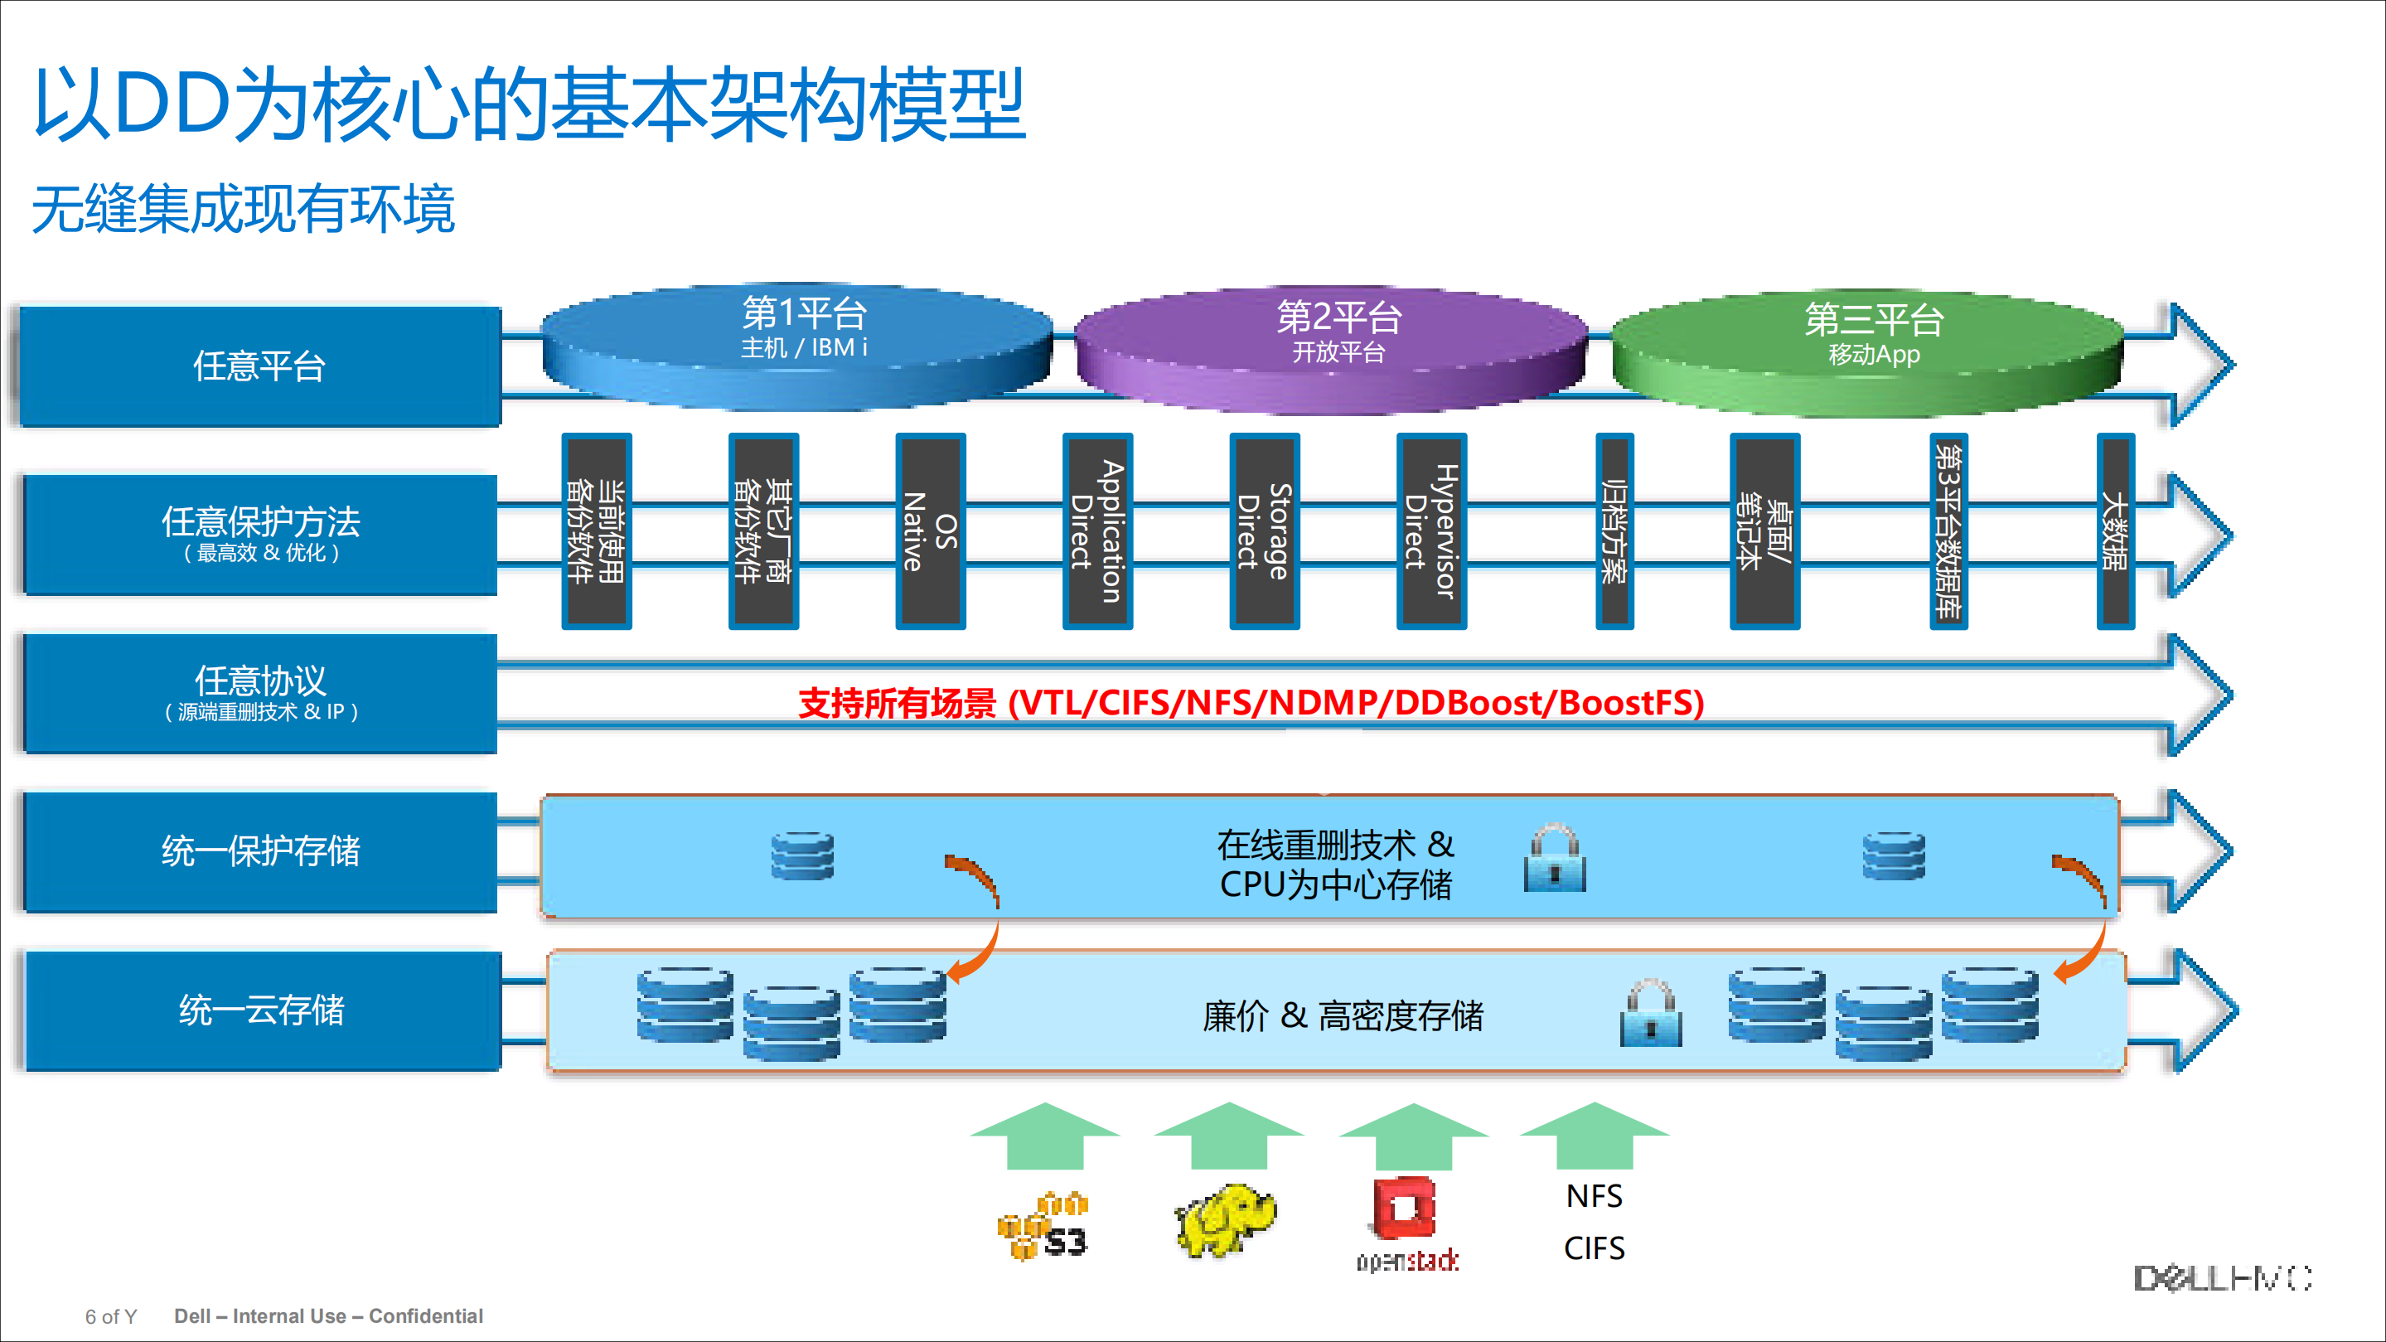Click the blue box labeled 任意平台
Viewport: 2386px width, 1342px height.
coord(259,366)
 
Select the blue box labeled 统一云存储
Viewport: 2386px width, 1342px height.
coord(261,1010)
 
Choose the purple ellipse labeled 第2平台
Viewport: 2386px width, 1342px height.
coord(1332,347)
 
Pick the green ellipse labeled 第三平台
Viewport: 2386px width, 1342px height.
coord(1867,352)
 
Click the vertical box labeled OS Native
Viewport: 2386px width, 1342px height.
coord(930,531)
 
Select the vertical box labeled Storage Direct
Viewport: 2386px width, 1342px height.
coord(1265,531)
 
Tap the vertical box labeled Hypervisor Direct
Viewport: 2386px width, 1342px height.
coord(1431,531)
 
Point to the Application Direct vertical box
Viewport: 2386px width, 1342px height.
coord(1097,531)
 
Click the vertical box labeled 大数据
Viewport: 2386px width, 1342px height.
coord(2116,531)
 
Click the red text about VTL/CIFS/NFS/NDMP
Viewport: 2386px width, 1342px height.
coord(1251,703)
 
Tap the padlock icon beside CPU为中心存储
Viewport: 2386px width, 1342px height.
coord(1554,858)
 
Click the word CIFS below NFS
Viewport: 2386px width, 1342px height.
coord(1594,1248)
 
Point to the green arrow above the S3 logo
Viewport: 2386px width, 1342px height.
coord(1045,1136)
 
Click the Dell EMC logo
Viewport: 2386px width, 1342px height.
coord(2223,1279)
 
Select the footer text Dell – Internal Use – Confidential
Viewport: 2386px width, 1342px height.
coord(329,1316)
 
